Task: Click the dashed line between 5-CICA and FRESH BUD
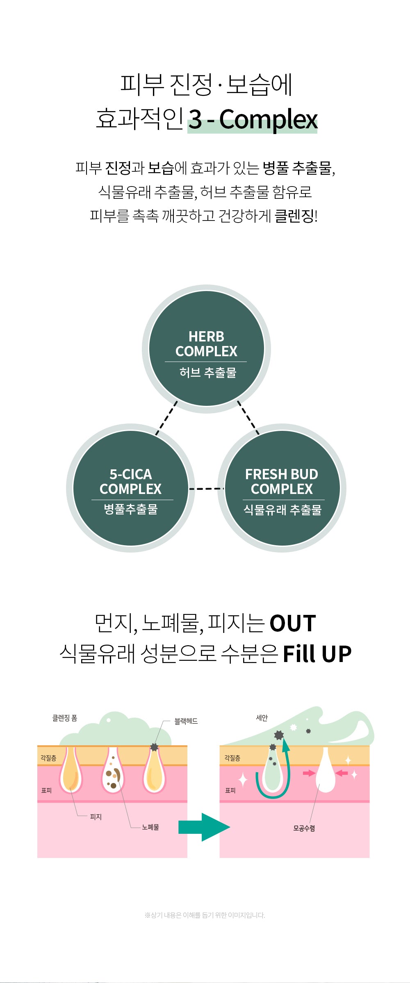tap(206, 489)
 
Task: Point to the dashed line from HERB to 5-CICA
tap(166, 418)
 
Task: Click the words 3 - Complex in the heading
tap(253, 119)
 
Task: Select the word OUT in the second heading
tap(293, 623)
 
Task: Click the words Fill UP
tap(317, 654)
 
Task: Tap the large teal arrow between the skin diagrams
tap(203, 827)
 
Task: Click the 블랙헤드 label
tap(186, 721)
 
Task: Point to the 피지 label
tap(96, 817)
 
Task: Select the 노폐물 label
tap(150, 827)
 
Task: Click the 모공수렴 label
tap(304, 828)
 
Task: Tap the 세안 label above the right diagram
tap(262, 718)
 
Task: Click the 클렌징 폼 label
tap(65, 718)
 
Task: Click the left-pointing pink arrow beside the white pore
tap(342, 773)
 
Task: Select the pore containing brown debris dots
tap(113, 771)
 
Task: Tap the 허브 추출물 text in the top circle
tap(207, 373)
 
